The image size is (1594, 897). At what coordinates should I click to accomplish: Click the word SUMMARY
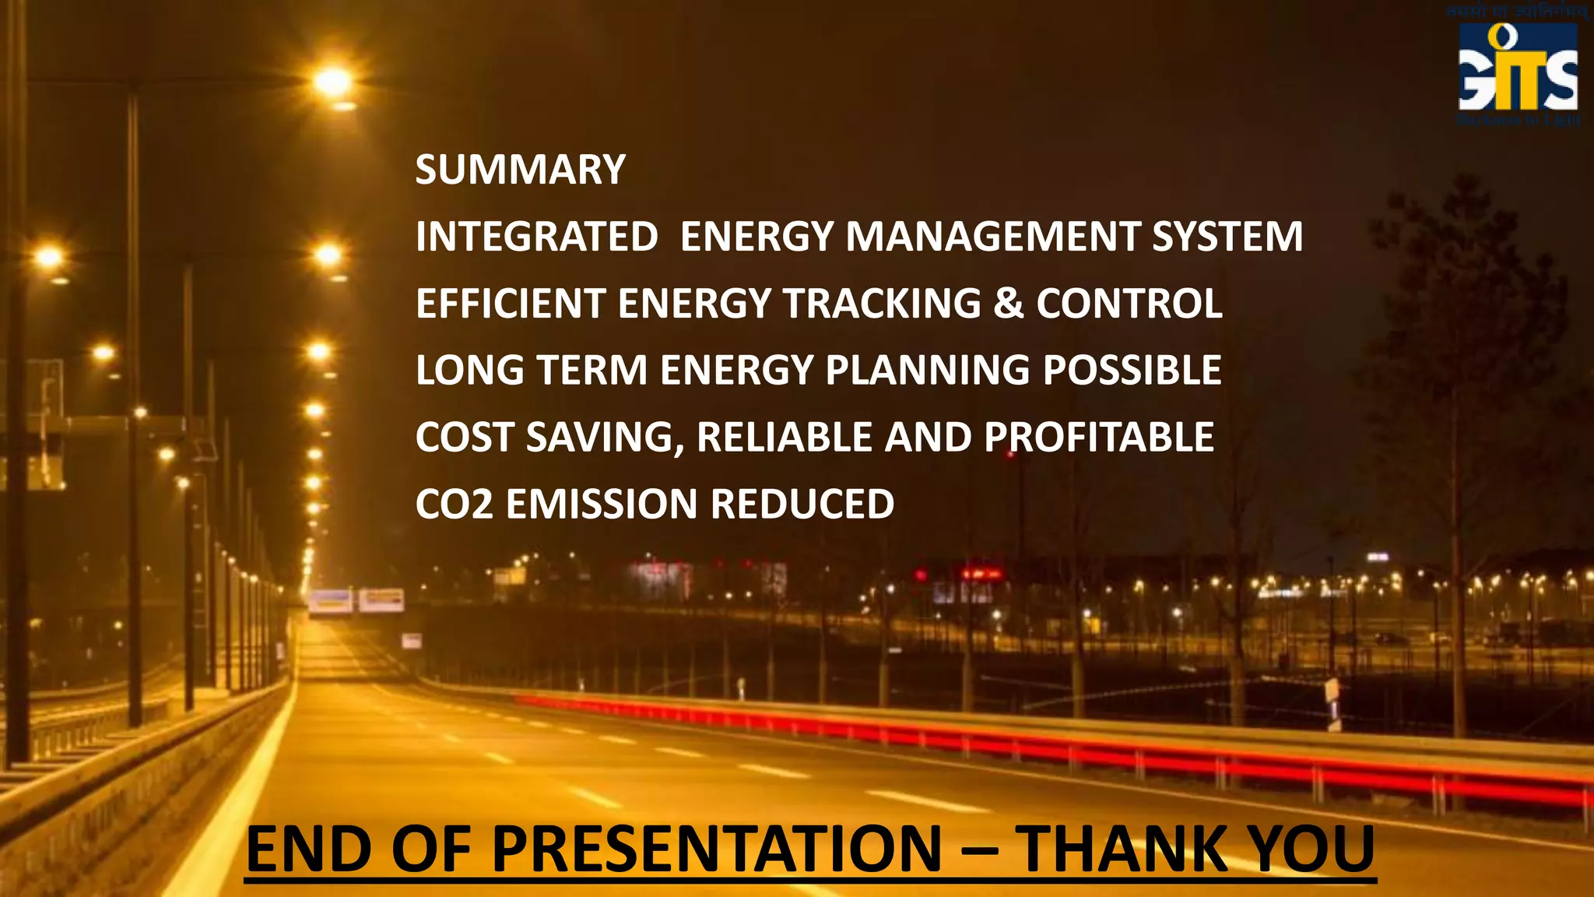(x=520, y=170)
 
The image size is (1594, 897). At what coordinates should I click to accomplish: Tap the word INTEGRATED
(x=537, y=237)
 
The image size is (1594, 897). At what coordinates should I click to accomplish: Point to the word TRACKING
(x=882, y=304)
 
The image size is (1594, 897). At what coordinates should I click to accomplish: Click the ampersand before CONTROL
(x=1009, y=304)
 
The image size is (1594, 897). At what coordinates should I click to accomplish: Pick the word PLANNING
(x=928, y=371)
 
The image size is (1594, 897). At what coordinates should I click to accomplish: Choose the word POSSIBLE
(x=1132, y=371)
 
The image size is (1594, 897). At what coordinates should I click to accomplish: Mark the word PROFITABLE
(x=1098, y=438)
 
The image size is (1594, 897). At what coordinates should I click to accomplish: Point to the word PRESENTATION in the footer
(x=717, y=850)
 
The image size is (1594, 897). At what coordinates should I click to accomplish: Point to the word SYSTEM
(x=1227, y=237)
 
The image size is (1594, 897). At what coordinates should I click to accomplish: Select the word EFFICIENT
(x=511, y=304)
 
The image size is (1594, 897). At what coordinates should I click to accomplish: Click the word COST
(x=465, y=438)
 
